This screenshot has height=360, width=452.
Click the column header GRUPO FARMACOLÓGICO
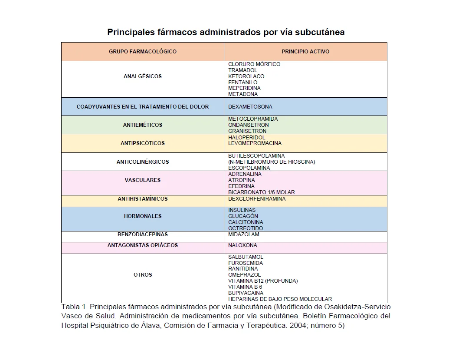pos(142,51)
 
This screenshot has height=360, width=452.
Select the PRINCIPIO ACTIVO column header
pos(305,51)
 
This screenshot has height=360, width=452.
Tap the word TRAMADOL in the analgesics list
pos(242,70)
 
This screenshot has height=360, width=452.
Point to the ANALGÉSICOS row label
pos(142,76)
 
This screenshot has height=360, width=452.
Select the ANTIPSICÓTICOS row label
pos(142,143)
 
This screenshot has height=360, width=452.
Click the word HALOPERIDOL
pos(246,137)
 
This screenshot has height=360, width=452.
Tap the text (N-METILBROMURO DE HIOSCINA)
pos(272,162)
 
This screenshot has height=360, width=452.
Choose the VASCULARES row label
pos(142,180)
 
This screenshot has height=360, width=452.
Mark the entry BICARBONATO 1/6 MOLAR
pos(261,192)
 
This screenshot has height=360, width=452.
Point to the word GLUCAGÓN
pos(243,216)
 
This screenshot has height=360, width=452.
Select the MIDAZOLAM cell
pos(243,234)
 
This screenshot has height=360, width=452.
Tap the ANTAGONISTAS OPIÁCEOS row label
pos(142,245)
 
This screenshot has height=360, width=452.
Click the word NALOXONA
pos(242,245)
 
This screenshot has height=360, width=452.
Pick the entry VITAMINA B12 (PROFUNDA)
pos(263,281)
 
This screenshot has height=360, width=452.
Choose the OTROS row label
pos(142,274)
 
